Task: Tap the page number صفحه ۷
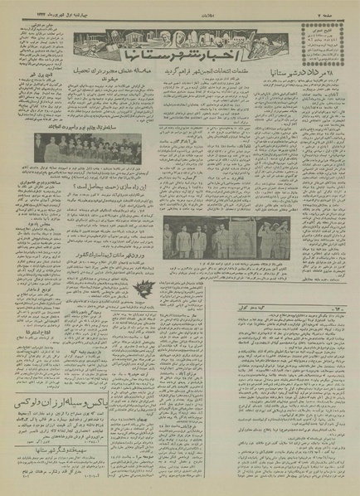[339, 6]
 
